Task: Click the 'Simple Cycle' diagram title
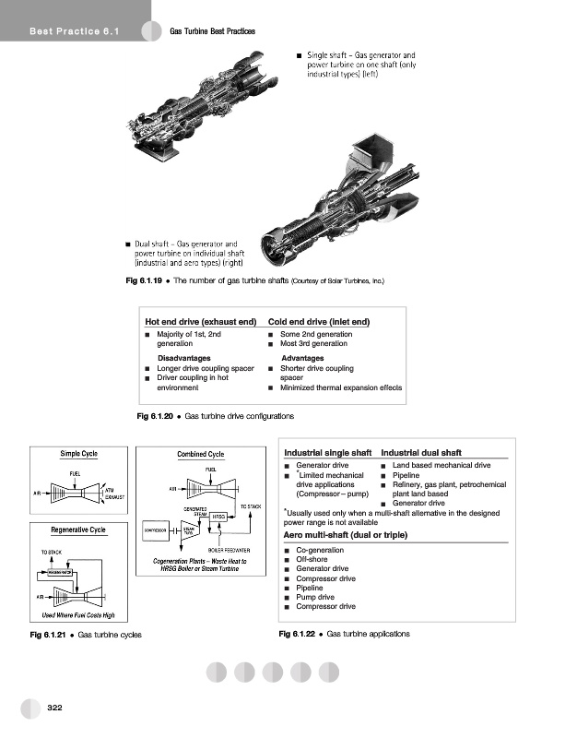(78, 454)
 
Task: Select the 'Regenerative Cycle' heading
(78, 530)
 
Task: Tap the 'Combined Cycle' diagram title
(201, 454)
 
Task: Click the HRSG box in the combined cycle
(219, 515)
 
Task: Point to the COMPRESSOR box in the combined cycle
(155, 530)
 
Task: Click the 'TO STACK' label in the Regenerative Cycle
(51, 552)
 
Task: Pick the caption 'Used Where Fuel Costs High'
(78, 615)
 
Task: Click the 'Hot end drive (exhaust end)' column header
(200, 321)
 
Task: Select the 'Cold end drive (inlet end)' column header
(318, 321)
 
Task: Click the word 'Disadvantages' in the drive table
(184, 357)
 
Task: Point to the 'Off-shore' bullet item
(314, 559)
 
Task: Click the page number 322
(54, 708)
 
